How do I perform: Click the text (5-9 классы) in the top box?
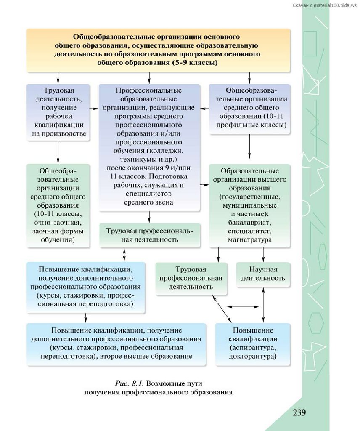pos(194,62)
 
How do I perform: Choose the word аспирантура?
pos(253,348)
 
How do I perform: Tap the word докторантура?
pos(253,356)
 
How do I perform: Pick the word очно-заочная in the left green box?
pos(58,223)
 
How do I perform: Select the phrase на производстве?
pos(58,134)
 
